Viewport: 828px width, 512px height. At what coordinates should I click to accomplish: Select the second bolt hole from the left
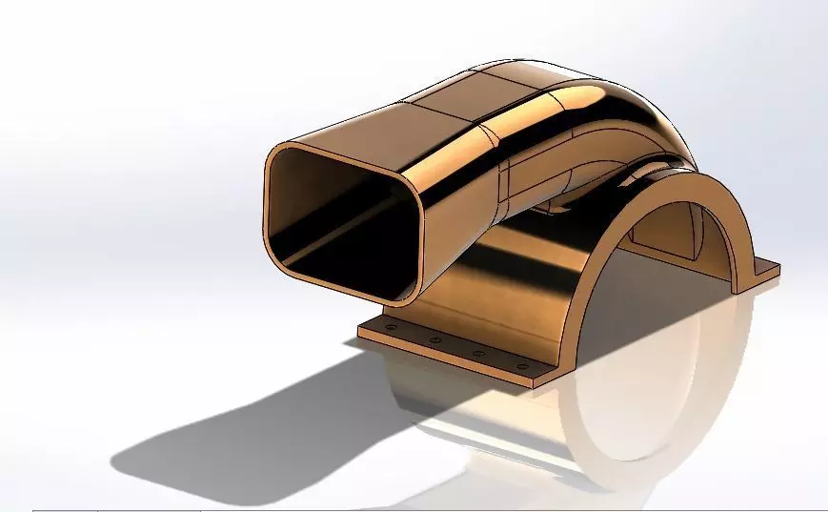pos(434,340)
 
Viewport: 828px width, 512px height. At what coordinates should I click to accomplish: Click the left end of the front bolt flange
pos(363,331)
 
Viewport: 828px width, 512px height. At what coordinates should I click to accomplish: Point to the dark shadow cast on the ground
pos(238,420)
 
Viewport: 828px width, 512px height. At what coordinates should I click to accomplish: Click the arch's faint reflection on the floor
pos(619,429)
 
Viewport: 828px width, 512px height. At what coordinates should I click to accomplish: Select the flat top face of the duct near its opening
pos(381,124)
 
